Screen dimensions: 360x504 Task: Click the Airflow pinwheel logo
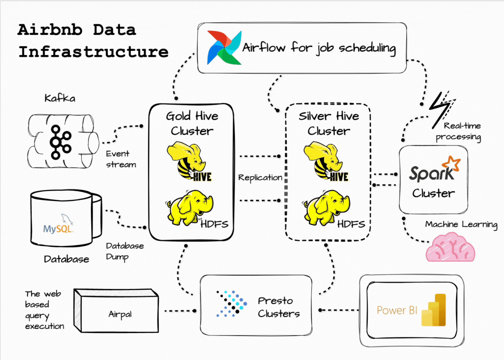(x=224, y=48)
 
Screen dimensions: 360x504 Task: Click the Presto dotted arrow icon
(x=231, y=303)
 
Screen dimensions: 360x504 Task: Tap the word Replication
(x=260, y=177)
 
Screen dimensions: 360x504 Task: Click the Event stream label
(x=120, y=159)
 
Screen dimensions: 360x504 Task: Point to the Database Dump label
(x=124, y=251)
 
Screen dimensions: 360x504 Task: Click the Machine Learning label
(x=461, y=224)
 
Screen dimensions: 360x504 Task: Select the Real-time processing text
(x=459, y=131)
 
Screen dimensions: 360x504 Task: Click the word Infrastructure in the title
(x=93, y=52)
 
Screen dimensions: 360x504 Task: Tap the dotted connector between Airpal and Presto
(x=180, y=310)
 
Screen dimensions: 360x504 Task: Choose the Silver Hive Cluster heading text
(x=328, y=123)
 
